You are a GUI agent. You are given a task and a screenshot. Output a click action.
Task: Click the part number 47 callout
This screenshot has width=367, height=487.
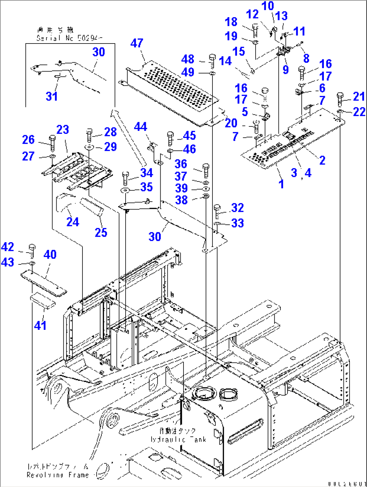(x=137, y=43)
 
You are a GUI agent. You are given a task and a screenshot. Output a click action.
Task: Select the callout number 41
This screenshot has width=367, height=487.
(x=40, y=325)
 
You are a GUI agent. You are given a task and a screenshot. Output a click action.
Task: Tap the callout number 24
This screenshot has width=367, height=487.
(x=72, y=222)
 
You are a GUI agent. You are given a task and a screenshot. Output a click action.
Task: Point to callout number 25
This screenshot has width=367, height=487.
(x=101, y=232)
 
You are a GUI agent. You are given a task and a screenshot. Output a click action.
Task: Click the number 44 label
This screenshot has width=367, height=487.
(x=140, y=127)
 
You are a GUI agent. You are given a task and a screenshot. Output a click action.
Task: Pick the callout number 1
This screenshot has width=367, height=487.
(x=281, y=184)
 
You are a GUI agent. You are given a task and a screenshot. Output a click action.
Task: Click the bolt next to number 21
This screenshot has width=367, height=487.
(x=340, y=100)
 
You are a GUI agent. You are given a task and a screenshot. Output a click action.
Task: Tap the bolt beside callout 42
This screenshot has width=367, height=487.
(x=32, y=251)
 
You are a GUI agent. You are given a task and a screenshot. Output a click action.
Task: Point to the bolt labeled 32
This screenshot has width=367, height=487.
(x=217, y=211)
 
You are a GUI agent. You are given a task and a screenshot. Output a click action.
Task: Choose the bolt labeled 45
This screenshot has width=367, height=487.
(x=170, y=138)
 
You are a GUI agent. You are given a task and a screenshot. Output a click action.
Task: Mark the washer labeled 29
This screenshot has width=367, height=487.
(x=89, y=147)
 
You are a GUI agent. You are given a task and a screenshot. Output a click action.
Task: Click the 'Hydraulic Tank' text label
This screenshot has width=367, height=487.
(x=178, y=435)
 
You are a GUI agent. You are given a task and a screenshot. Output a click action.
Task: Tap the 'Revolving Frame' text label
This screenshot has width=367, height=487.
(x=58, y=471)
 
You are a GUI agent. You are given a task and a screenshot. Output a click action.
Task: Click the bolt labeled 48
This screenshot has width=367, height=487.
(x=212, y=61)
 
